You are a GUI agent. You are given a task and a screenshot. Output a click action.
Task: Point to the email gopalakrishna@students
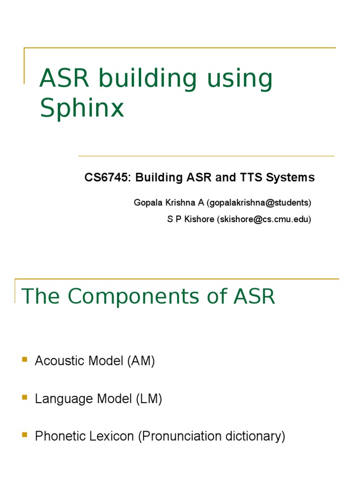[260, 202]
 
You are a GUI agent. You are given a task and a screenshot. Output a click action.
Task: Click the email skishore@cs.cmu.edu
[263, 219]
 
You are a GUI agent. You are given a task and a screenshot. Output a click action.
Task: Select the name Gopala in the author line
[147, 202]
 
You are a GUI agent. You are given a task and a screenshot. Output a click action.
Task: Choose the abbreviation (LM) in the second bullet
[149, 399]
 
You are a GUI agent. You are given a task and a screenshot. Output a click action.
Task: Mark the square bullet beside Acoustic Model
[25, 360]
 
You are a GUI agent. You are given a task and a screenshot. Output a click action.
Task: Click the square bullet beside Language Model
[25, 397]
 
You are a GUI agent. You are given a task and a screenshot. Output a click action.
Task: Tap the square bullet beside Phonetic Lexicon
[25, 435]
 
